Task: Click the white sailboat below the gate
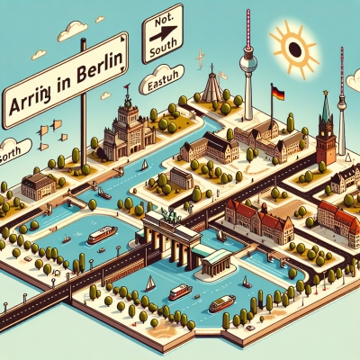point(150,285)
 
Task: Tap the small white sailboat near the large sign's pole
point(144,165)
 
